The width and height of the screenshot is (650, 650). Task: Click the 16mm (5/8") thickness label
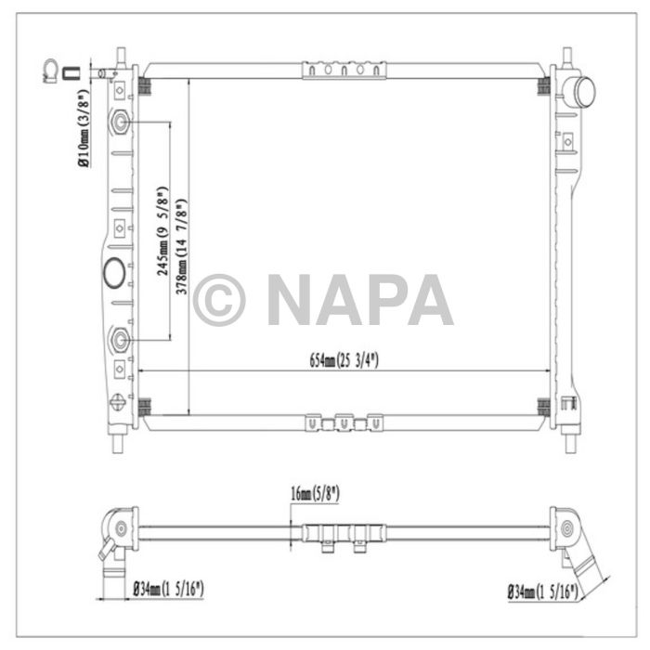pyautogui.click(x=313, y=495)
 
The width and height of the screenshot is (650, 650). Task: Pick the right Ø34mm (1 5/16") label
pyautogui.click(x=541, y=591)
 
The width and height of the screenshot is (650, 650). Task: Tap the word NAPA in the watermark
pyautogui.click(x=360, y=300)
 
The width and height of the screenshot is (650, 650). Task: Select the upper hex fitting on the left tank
pyautogui.click(x=120, y=123)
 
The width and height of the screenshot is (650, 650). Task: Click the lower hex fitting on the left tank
pyautogui.click(x=120, y=340)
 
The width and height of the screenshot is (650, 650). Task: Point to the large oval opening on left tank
pyautogui.click(x=116, y=274)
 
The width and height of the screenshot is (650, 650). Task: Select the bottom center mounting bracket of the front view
pyautogui.click(x=344, y=422)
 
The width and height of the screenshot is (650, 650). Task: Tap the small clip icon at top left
pyautogui.click(x=51, y=70)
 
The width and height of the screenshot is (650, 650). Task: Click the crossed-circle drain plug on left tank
pyautogui.click(x=117, y=402)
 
